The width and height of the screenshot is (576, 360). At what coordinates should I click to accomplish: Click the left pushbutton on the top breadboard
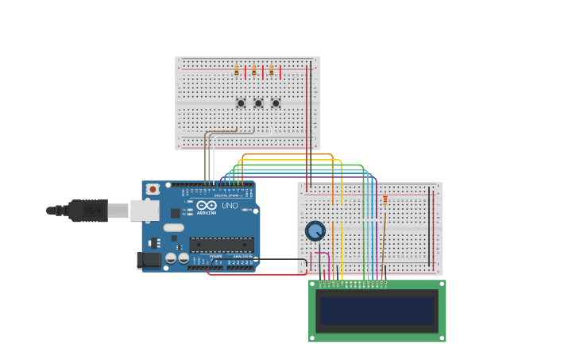(x=241, y=103)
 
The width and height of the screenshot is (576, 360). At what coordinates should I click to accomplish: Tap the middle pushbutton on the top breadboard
(x=258, y=103)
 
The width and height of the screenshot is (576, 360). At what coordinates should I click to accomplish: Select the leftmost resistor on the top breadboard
(x=237, y=72)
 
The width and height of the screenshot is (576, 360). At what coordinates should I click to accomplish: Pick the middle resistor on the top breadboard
(x=254, y=72)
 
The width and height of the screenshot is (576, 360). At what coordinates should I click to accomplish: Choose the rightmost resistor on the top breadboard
(x=272, y=72)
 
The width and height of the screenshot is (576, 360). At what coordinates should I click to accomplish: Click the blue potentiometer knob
(x=315, y=230)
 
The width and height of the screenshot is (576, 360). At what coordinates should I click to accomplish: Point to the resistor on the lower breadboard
(x=385, y=201)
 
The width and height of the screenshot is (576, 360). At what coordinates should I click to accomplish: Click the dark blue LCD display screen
(x=377, y=311)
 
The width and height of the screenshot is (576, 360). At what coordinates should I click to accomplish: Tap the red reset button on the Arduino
(x=153, y=189)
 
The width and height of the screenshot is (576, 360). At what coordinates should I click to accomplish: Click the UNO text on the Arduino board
(x=230, y=206)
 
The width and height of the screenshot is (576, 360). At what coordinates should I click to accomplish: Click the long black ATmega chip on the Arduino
(x=222, y=245)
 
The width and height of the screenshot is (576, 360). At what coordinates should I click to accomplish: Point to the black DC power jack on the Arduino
(x=147, y=260)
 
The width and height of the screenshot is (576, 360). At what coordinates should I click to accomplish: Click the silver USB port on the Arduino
(x=144, y=210)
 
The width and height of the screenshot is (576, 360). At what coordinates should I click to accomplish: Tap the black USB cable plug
(x=87, y=211)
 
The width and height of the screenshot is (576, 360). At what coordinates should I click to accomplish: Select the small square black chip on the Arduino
(x=175, y=213)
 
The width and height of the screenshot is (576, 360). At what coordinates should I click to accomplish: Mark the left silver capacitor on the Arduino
(x=171, y=258)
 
